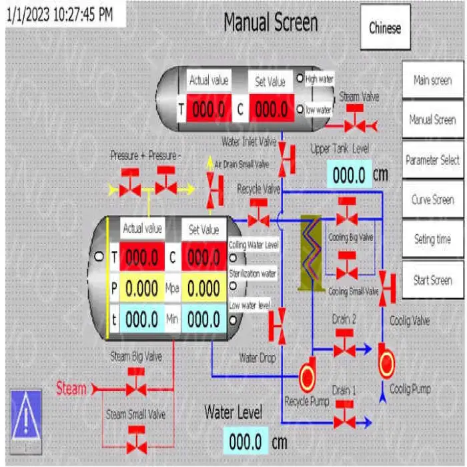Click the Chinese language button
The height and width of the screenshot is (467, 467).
click(x=385, y=27)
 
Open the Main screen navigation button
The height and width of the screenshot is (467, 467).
click(x=432, y=80)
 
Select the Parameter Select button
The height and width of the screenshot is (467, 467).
click(x=432, y=160)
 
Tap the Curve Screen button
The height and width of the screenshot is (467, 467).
click(x=432, y=199)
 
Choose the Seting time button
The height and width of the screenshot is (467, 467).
click(x=432, y=239)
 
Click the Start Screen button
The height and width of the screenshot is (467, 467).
click(x=432, y=280)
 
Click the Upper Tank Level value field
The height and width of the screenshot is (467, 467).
click(x=349, y=175)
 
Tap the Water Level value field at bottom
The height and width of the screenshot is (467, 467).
click(x=245, y=441)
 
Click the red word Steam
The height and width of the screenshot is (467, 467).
click(x=71, y=388)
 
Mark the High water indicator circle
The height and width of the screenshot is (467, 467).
click(x=300, y=79)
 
